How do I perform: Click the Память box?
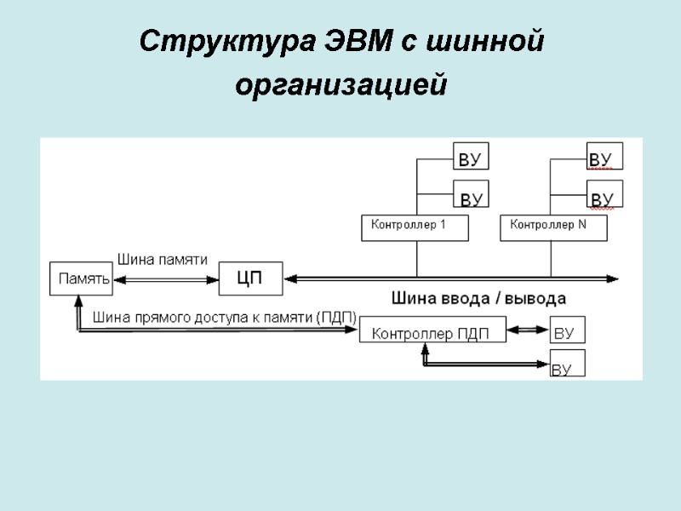pyautogui.click(x=82, y=278)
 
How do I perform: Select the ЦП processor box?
pyautogui.click(x=249, y=278)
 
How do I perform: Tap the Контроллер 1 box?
pyautogui.click(x=415, y=227)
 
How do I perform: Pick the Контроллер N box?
pyautogui.click(x=554, y=227)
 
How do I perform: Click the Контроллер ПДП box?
pyautogui.click(x=432, y=331)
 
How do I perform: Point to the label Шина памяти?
pyautogui.click(x=163, y=259)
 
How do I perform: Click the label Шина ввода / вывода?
pyautogui.click(x=478, y=298)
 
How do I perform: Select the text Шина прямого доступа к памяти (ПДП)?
pyautogui.click(x=225, y=318)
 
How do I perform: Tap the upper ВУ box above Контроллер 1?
pyautogui.click(x=471, y=158)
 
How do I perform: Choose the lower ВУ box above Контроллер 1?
pyautogui.click(x=471, y=196)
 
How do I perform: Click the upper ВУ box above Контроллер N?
pyautogui.click(x=604, y=157)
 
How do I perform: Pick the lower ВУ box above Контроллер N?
pyautogui.click(x=604, y=194)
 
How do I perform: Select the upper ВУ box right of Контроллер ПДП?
pyautogui.click(x=567, y=331)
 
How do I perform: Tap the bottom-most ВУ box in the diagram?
pyautogui.click(x=566, y=363)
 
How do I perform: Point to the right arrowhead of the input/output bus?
pyautogui.click(x=613, y=278)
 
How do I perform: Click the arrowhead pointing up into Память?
pyautogui.click(x=77, y=301)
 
